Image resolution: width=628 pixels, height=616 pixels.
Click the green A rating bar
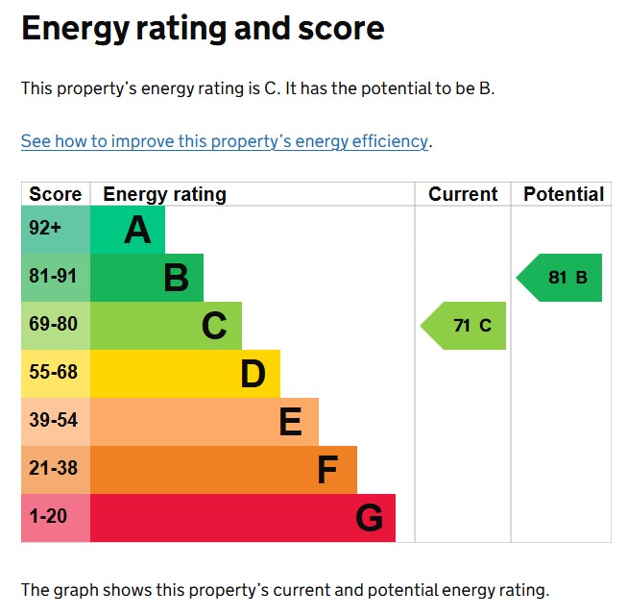point(128,230)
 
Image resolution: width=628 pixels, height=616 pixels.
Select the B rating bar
point(147,278)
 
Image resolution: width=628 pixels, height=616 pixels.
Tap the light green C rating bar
point(166,326)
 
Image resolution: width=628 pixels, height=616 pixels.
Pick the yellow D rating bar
point(185,374)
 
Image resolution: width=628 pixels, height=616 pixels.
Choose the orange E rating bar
point(205,422)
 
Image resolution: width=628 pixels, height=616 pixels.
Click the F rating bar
point(224,470)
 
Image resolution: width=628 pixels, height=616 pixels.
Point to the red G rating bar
point(243,518)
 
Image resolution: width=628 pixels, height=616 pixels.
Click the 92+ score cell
point(56,230)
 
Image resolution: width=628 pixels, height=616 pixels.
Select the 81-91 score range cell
point(56,278)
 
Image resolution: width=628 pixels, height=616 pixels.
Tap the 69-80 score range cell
point(56,326)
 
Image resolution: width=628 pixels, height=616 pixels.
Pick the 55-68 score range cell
point(56,374)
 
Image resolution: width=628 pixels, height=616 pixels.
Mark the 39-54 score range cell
point(56,422)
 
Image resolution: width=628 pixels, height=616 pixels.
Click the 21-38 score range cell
point(56,470)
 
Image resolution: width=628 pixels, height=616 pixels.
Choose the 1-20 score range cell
point(56,518)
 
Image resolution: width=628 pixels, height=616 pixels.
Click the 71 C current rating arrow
point(466,326)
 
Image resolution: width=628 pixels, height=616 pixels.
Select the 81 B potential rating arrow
point(562,278)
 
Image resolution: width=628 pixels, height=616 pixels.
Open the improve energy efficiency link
point(225,141)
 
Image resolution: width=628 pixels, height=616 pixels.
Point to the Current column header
point(463,194)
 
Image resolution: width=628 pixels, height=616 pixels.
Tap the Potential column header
point(563,194)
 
